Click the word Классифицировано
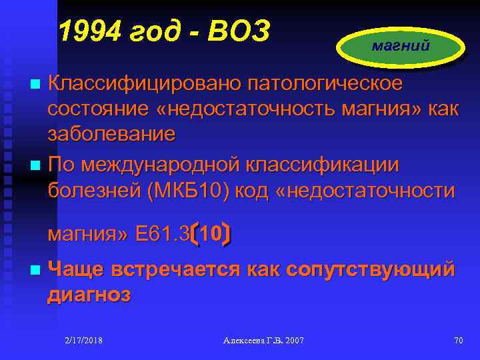(x=144, y=85)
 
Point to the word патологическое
(x=325, y=85)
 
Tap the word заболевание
(x=111, y=133)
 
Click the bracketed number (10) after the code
(x=211, y=234)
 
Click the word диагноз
(x=89, y=294)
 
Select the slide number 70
(x=458, y=341)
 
